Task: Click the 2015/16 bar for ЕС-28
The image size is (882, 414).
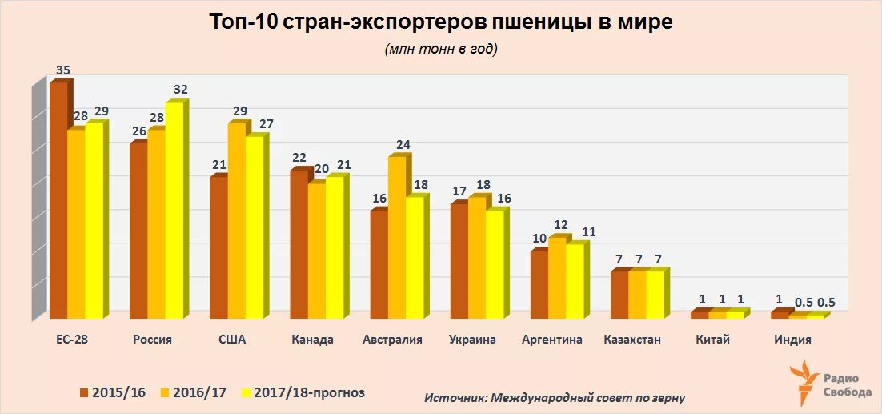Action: (58, 200)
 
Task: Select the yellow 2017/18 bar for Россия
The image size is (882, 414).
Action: (174, 208)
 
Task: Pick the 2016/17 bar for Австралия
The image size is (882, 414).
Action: (396, 236)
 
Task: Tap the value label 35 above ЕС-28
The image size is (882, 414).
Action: (63, 70)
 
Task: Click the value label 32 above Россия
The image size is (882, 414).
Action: (181, 90)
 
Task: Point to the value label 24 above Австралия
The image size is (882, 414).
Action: (403, 145)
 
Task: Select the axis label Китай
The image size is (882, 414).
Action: (712, 340)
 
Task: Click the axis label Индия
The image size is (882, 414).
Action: (792, 340)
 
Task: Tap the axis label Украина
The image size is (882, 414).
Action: (472, 340)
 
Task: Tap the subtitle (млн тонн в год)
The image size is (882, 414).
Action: (441, 50)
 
